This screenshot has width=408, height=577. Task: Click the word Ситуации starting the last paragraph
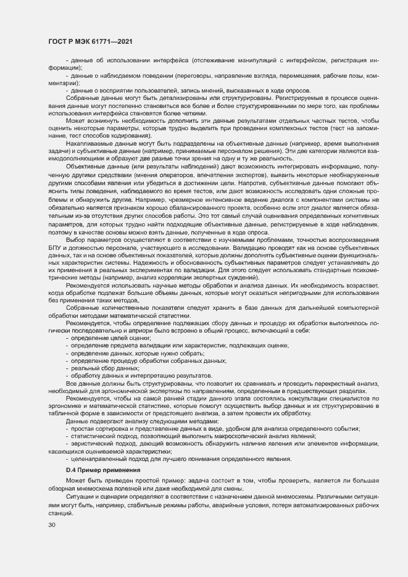coord(80,496)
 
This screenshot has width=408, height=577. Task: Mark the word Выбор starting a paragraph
coord(76,239)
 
